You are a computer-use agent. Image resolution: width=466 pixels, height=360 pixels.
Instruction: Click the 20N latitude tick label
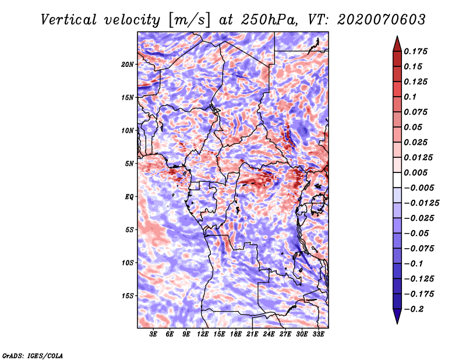[x=128, y=64]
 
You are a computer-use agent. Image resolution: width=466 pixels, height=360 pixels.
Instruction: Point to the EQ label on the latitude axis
[x=129, y=197]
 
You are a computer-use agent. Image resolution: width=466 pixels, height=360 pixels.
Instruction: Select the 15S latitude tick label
[x=128, y=296]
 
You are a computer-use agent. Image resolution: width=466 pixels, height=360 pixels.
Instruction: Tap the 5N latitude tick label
[x=129, y=164]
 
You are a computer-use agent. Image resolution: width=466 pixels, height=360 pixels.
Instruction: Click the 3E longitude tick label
[x=154, y=335]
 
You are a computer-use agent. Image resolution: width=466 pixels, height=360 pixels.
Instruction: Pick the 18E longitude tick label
[x=236, y=335]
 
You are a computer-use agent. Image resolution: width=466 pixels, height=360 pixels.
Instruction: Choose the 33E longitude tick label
[x=318, y=335]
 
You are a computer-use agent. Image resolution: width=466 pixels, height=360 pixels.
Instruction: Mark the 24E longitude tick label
[x=269, y=335]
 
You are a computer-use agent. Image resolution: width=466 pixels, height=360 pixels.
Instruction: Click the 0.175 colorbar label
[x=416, y=51]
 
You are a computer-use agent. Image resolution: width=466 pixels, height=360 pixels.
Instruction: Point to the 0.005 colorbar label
[x=416, y=172]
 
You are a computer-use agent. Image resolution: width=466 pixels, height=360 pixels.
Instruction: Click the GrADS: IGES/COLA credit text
[x=33, y=355]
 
